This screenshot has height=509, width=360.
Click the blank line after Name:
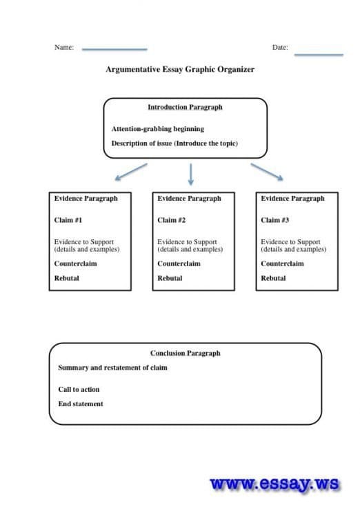coord(114,50)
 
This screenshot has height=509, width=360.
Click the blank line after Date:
coord(319,55)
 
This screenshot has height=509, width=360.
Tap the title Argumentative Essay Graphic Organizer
coord(180,70)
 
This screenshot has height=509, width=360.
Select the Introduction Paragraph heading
coord(185,107)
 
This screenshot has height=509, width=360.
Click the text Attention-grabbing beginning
coord(158,129)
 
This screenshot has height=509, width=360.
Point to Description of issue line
coord(174,143)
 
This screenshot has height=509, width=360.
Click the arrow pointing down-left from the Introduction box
coord(131,172)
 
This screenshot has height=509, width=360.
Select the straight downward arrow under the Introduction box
coord(191,174)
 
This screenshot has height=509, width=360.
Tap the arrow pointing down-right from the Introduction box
coord(267,172)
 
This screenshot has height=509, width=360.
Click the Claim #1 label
coord(68,220)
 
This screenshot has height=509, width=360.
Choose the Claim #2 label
coord(172,220)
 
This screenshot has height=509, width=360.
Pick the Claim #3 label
coord(275,220)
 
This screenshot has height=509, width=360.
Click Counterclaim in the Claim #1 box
coord(76,263)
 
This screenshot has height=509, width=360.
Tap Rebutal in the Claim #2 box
coord(170,278)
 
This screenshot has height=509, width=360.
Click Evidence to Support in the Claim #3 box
coord(290,242)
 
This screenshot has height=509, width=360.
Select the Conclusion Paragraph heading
coord(186,353)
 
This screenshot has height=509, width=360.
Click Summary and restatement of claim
coord(112,368)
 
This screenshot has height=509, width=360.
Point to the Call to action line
coord(79,390)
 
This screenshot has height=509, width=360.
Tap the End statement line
coord(81,404)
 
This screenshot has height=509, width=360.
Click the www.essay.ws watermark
coord(275,484)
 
